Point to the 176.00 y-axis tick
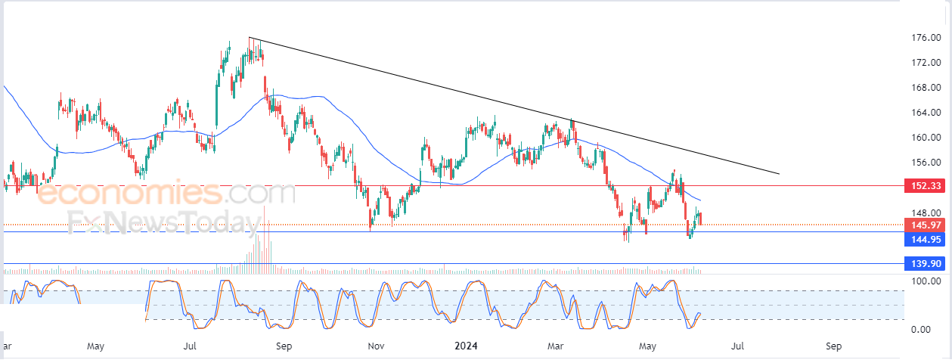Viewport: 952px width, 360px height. tap(926, 38)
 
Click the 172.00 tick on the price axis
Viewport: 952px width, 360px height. tap(926, 63)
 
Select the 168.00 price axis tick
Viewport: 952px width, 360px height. tap(926, 88)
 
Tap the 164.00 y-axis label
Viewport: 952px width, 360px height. tap(926, 113)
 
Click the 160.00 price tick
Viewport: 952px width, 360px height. tap(926, 138)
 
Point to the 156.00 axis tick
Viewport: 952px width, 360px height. tap(926, 163)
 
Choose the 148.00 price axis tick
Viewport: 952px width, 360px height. tap(926, 213)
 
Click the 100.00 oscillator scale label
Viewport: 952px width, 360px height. tap(926, 281)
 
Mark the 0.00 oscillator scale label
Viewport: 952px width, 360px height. tap(930, 330)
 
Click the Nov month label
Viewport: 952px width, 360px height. tap(376, 346)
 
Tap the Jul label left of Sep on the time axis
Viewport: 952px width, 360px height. tap(190, 346)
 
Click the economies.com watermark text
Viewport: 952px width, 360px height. tap(166, 194)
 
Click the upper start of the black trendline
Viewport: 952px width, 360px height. tap(250, 38)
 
